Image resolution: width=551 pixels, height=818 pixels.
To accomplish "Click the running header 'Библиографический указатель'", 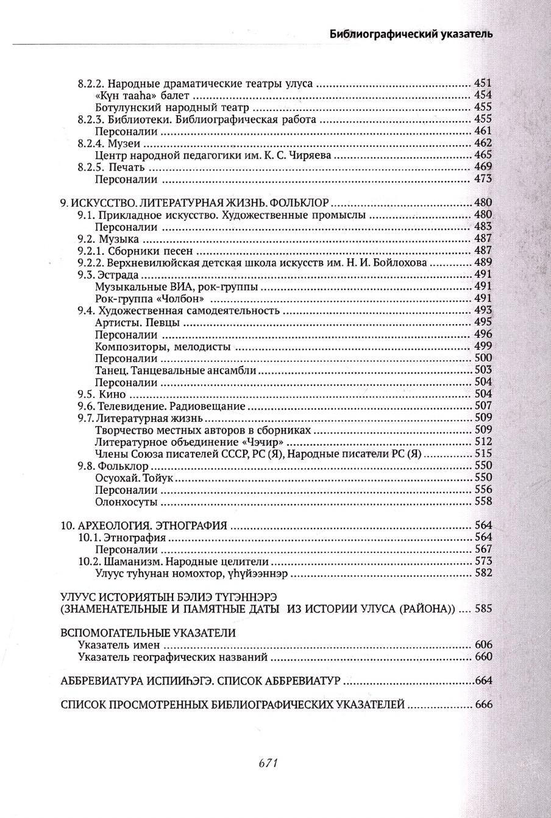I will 411,34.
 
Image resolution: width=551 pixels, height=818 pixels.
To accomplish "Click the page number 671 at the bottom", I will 269,762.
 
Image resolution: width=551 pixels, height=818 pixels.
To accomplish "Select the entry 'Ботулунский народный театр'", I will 157,107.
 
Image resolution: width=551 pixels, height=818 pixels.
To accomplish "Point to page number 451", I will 483,84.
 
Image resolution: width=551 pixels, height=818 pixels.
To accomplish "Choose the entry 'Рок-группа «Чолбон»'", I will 149,299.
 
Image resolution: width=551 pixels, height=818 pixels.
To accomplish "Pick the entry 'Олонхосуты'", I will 127,502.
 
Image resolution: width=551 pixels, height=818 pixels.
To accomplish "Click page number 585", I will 483,609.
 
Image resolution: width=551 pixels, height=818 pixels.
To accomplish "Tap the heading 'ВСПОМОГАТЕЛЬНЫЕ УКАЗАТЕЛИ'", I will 148,633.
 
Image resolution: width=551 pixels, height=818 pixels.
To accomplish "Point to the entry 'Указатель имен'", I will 119,645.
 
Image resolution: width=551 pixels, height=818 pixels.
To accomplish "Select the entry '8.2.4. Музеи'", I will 109,143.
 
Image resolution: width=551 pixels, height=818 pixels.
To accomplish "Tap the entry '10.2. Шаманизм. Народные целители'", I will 174,561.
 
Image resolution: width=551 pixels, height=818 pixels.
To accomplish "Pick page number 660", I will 483,657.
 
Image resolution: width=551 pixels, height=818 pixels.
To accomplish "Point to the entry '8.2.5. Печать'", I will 113,167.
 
